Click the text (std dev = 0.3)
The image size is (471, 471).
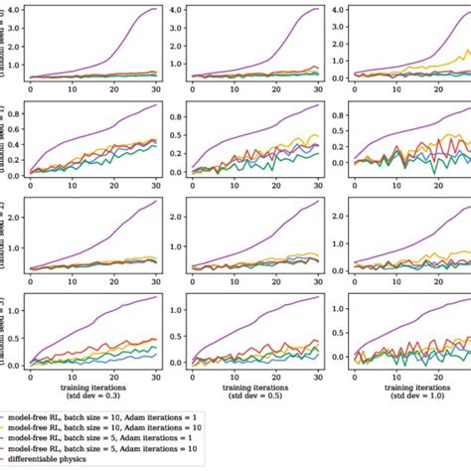96,393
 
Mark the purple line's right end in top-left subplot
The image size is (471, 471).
156,9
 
